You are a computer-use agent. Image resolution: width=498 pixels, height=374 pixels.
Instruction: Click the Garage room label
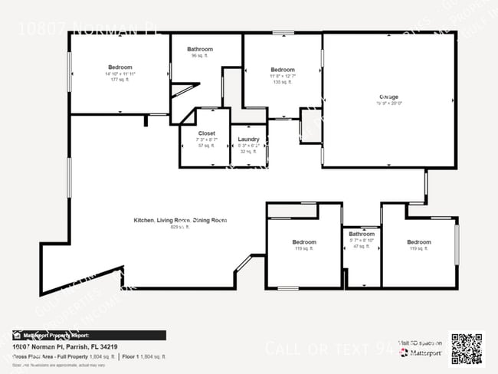(x=388, y=97)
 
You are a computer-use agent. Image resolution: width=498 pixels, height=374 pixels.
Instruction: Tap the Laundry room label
(x=248, y=139)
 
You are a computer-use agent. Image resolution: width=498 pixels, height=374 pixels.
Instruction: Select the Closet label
(x=196, y=133)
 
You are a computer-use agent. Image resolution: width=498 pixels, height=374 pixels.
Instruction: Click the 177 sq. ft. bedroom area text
(x=120, y=80)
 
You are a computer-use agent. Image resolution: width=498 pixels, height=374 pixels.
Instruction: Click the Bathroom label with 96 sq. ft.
(x=200, y=49)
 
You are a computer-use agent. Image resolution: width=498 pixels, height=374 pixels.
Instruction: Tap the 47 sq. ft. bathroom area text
(x=362, y=248)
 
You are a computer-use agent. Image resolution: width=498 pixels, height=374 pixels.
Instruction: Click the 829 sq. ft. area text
(x=179, y=227)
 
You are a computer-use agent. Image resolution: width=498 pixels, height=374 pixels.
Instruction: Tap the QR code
(x=467, y=348)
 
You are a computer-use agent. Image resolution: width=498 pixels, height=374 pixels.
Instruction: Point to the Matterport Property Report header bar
(x=84, y=335)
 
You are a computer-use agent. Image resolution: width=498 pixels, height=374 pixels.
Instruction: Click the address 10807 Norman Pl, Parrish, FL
(x=60, y=346)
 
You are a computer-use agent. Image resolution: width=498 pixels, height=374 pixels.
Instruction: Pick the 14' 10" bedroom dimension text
(x=120, y=74)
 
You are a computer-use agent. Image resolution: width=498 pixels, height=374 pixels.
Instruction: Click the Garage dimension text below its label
(x=388, y=104)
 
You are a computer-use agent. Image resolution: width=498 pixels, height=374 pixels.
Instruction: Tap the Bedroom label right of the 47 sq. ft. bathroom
(x=418, y=242)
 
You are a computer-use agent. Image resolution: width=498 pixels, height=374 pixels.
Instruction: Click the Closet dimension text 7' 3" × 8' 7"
(x=196, y=139)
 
